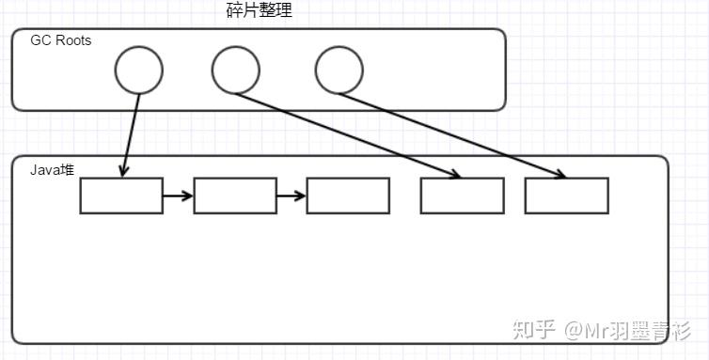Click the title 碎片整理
(260, 12)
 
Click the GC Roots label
(60, 40)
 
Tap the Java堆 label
(52, 170)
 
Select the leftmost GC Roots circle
(139, 70)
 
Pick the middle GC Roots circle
(235, 70)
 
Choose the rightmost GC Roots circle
(339, 70)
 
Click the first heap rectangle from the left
(120, 196)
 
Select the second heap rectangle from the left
(234, 196)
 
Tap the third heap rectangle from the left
(347, 196)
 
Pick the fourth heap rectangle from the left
(462, 196)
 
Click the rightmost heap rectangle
(566, 196)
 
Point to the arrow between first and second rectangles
(178, 196)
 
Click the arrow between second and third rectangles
(291, 196)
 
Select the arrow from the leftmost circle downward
(132, 132)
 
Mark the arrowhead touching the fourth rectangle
(455, 174)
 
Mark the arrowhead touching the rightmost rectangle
(560, 174)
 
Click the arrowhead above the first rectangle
(124, 170)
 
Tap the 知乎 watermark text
(532, 330)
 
